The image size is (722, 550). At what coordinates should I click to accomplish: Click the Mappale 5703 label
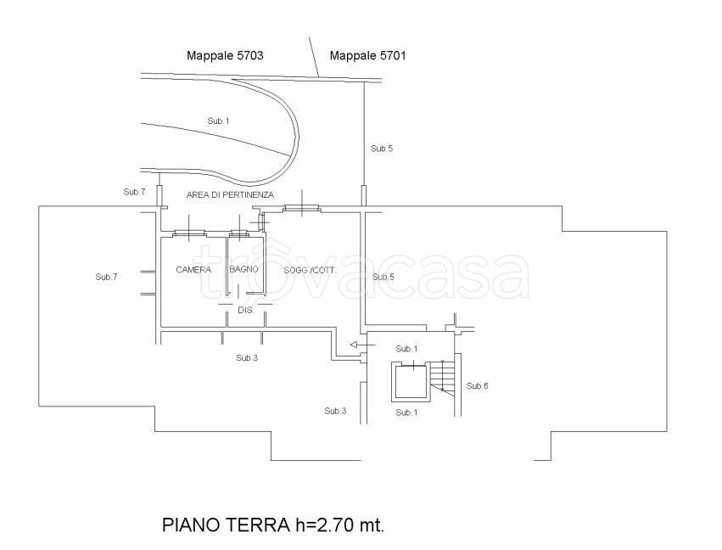point(225,56)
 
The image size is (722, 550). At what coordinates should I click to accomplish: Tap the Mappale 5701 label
point(368,56)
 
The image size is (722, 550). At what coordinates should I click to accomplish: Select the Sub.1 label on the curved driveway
point(218,121)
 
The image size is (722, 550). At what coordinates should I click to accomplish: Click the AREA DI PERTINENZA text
point(230,195)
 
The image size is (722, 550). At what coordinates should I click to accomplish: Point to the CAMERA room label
point(193,270)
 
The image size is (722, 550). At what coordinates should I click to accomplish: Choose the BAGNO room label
point(243,270)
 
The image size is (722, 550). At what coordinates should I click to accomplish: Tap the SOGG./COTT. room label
point(311,270)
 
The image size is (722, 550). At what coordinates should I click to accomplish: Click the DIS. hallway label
point(245,311)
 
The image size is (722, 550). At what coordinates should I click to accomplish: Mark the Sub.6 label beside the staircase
point(478,386)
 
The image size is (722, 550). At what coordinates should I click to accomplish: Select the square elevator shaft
point(410,381)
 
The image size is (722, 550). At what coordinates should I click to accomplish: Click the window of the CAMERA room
point(188,233)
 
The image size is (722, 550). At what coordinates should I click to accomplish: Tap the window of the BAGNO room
point(241,233)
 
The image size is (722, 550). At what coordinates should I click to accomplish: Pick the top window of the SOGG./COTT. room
point(300,207)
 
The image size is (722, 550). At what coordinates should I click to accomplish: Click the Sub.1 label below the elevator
point(406,412)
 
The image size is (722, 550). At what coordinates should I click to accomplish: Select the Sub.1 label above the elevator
point(406,349)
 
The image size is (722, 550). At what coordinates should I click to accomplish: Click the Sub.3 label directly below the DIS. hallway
point(247,358)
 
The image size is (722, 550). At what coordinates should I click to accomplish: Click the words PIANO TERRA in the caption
point(225,525)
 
